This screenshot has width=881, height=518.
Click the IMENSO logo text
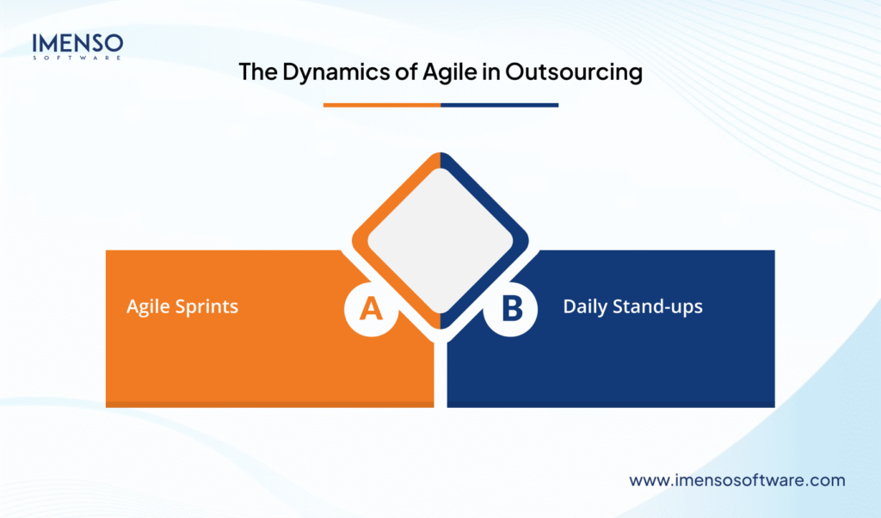click(77, 42)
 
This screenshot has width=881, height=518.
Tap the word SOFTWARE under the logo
click(77, 58)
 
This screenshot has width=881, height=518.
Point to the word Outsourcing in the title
click(574, 72)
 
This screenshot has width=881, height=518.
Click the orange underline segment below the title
click(381, 105)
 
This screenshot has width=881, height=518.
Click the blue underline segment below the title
click(499, 105)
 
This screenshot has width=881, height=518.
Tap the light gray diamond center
click(440, 240)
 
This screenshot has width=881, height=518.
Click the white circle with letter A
click(371, 308)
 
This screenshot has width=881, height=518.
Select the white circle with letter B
click(510, 308)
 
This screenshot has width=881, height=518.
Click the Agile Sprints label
click(182, 306)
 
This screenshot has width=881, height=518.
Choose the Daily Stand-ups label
click(632, 306)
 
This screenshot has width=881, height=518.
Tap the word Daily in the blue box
click(585, 306)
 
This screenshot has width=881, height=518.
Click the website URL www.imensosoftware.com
click(737, 480)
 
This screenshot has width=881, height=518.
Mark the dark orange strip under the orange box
click(269, 404)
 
